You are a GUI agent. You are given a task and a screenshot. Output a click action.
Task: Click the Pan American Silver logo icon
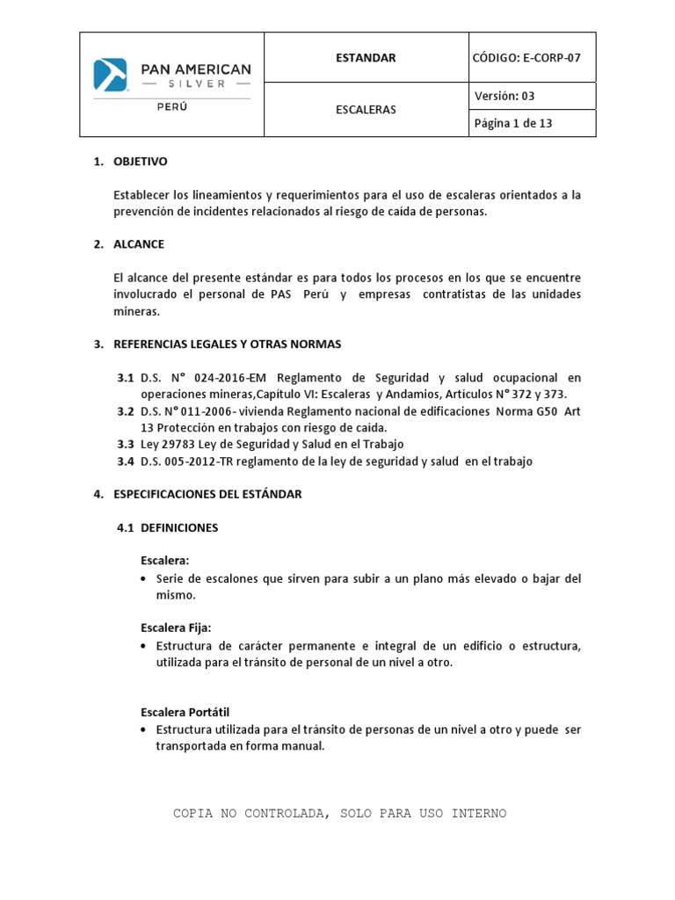pyautogui.click(x=111, y=75)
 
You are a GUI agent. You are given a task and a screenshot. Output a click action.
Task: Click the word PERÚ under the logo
pyautogui.click(x=171, y=107)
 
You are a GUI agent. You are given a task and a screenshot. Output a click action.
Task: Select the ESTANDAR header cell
pyautogui.click(x=366, y=58)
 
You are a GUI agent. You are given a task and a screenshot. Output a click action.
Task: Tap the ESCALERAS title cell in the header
pyautogui.click(x=366, y=110)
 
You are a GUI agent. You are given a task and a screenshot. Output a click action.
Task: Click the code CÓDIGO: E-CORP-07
pyautogui.click(x=527, y=58)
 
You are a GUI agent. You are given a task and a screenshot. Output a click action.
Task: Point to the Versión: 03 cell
pyautogui.click(x=504, y=97)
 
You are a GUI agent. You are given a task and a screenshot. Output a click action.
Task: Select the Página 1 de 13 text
pyautogui.click(x=513, y=123)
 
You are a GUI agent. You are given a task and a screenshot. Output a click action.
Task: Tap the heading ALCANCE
pyautogui.click(x=139, y=243)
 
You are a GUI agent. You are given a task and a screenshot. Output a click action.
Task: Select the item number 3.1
pyautogui.click(x=126, y=377)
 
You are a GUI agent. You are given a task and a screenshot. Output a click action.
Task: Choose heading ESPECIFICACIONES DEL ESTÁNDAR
pyautogui.click(x=207, y=494)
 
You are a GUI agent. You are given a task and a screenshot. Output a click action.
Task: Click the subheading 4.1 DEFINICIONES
pyautogui.click(x=168, y=528)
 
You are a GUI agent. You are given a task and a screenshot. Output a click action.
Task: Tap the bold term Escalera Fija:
pyautogui.click(x=176, y=627)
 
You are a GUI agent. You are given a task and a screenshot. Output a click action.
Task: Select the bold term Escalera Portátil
pyautogui.click(x=185, y=711)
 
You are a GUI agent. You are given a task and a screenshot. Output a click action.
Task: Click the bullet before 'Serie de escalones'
pyautogui.click(x=143, y=579)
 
